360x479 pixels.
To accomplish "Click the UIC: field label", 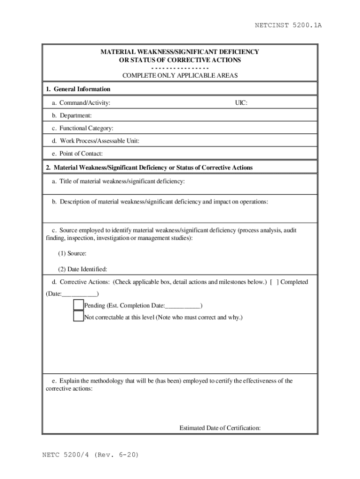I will click(241, 102).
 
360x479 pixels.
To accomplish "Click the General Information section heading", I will click(78, 89).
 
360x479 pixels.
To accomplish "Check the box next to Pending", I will click(78, 305).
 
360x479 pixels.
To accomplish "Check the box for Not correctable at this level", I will click(78, 317).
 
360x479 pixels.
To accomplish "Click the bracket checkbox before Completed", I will click(274, 282).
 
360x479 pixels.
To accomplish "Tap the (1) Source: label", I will click(72, 253).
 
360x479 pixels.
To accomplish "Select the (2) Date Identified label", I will click(82, 269).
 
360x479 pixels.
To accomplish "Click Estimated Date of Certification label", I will click(220, 428).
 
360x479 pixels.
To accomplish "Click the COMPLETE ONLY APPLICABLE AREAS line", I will click(180, 75).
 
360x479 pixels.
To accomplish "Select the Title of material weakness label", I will click(118, 181).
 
